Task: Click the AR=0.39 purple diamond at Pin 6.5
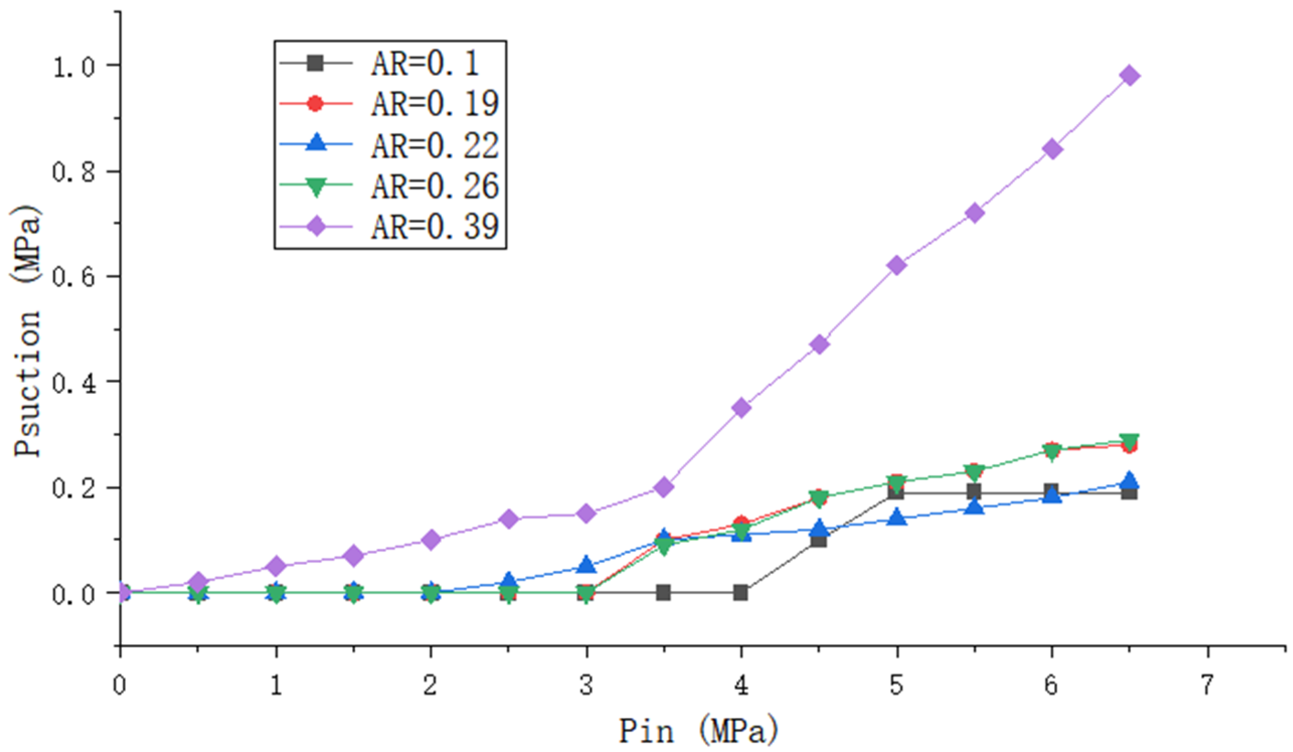coord(1130,75)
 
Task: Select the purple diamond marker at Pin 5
coord(896,266)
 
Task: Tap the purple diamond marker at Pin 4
coord(741,408)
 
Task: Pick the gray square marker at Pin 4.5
coord(819,540)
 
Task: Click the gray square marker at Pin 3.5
coord(663,593)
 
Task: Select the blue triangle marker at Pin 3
coord(586,565)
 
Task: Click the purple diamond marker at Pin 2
coord(431,540)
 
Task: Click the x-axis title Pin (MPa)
coord(699,730)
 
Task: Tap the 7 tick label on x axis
coord(1208,685)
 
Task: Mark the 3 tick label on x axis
coord(586,685)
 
